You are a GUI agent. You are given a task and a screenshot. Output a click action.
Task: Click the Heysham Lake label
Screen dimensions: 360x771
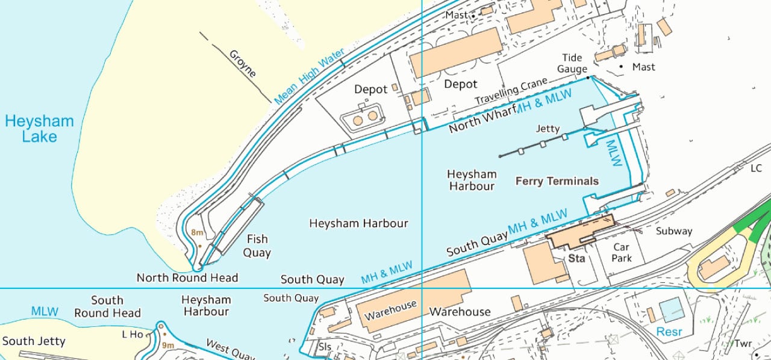(x=39, y=129)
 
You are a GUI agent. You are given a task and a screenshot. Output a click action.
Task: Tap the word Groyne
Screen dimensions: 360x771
(x=243, y=64)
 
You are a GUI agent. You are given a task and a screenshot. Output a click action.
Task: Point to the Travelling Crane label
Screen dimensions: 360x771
(x=511, y=91)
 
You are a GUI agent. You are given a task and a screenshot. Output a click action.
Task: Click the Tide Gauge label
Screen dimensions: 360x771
(x=572, y=63)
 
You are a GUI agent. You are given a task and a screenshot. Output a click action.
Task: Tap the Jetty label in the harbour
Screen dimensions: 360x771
(x=548, y=129)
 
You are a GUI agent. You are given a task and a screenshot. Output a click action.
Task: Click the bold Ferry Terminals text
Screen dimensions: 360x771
(x=557, y=181)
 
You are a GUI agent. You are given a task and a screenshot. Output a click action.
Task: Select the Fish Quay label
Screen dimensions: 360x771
(x=257, y=246)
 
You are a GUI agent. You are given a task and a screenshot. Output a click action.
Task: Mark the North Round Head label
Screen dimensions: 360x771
(x=187, y=278)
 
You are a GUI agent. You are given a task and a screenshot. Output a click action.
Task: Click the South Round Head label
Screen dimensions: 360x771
(x=107, y=306)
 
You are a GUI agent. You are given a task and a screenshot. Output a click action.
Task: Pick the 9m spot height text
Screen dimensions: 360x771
(x=167, y=345)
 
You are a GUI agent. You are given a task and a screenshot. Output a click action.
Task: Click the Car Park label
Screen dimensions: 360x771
(x=621, y=252)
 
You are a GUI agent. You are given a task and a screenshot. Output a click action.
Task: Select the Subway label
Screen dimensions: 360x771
(x=674, y=231)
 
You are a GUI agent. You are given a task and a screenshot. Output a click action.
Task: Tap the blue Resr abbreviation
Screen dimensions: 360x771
(x=669, y=332)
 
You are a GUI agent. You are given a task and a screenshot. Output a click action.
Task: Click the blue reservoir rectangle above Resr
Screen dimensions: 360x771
(x=672, y=310)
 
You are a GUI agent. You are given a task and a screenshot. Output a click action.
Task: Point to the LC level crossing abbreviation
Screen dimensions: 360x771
(x=757, y=169)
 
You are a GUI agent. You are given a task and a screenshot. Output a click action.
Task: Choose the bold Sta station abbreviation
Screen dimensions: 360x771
(x=576, y=259)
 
